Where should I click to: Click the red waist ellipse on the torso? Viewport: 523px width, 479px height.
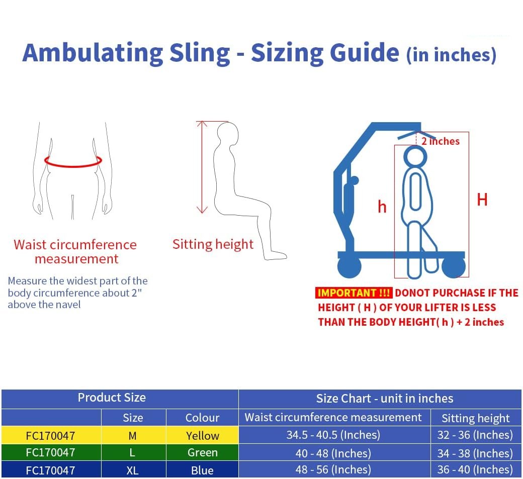click(x=73, y=166)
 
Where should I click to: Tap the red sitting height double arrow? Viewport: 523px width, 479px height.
click(x=202, y=167)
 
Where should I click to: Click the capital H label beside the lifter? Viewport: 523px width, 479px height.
click(x=482, y=200)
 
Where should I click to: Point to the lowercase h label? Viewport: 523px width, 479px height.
click(x=382, y=207)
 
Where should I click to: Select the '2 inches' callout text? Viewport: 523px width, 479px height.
click(x=441, y=141)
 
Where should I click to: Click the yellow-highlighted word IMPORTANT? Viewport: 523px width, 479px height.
click(x=354, y=293)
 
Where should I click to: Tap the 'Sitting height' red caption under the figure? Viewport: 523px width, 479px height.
click(x=213, y=244)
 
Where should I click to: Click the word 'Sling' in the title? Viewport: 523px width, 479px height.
click(x=200, y=53)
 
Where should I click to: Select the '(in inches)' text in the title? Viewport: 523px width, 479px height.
click(x=451, y=55)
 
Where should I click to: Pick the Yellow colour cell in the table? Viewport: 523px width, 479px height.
click(x=203, y=435)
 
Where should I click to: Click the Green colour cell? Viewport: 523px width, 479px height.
click(x=203, y=453)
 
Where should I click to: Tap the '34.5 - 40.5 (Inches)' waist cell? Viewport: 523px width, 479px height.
click(x=333, y=435)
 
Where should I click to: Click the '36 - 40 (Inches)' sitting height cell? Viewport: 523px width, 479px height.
click(x=475, y=469)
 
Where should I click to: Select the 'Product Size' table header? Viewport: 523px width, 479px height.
click(x=112, y=398)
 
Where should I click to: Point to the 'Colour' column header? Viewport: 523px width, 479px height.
click(x=203, y=418)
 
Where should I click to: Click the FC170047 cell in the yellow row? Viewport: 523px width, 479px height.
click(x=50, y=436)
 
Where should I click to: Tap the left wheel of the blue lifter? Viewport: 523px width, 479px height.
click(x=349, y=267)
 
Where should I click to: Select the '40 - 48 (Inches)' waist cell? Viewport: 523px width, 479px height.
click(x=333, y=453)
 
